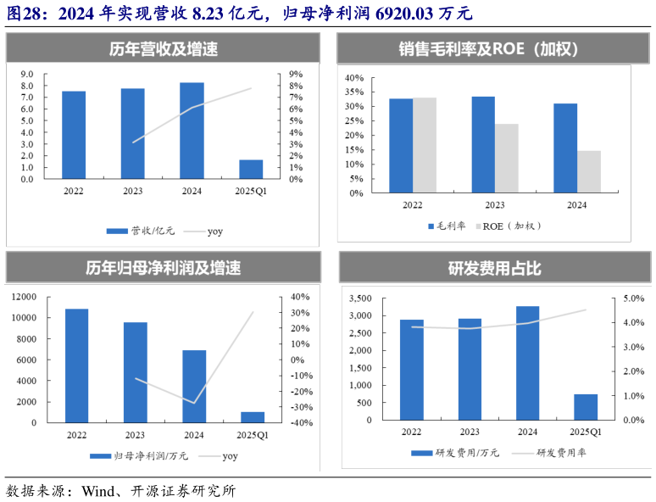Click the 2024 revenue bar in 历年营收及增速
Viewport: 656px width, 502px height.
pos(192,131)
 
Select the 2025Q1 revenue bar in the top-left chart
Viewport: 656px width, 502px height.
pos(251,170)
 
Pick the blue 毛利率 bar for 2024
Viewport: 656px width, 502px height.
pos(565,148)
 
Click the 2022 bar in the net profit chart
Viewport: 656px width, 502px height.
pos(76,365)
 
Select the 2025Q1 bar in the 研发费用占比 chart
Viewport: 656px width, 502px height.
pos(586,407)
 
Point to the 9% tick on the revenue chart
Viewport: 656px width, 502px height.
pos(296,74)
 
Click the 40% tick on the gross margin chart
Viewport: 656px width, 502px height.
pos(353,78)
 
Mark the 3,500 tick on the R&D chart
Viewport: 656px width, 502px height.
pos(360,298)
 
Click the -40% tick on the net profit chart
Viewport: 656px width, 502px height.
pos(301,422)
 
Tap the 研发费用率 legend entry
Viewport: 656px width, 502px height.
pos(563,453)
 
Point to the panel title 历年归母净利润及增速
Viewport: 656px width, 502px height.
pos(163,268)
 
